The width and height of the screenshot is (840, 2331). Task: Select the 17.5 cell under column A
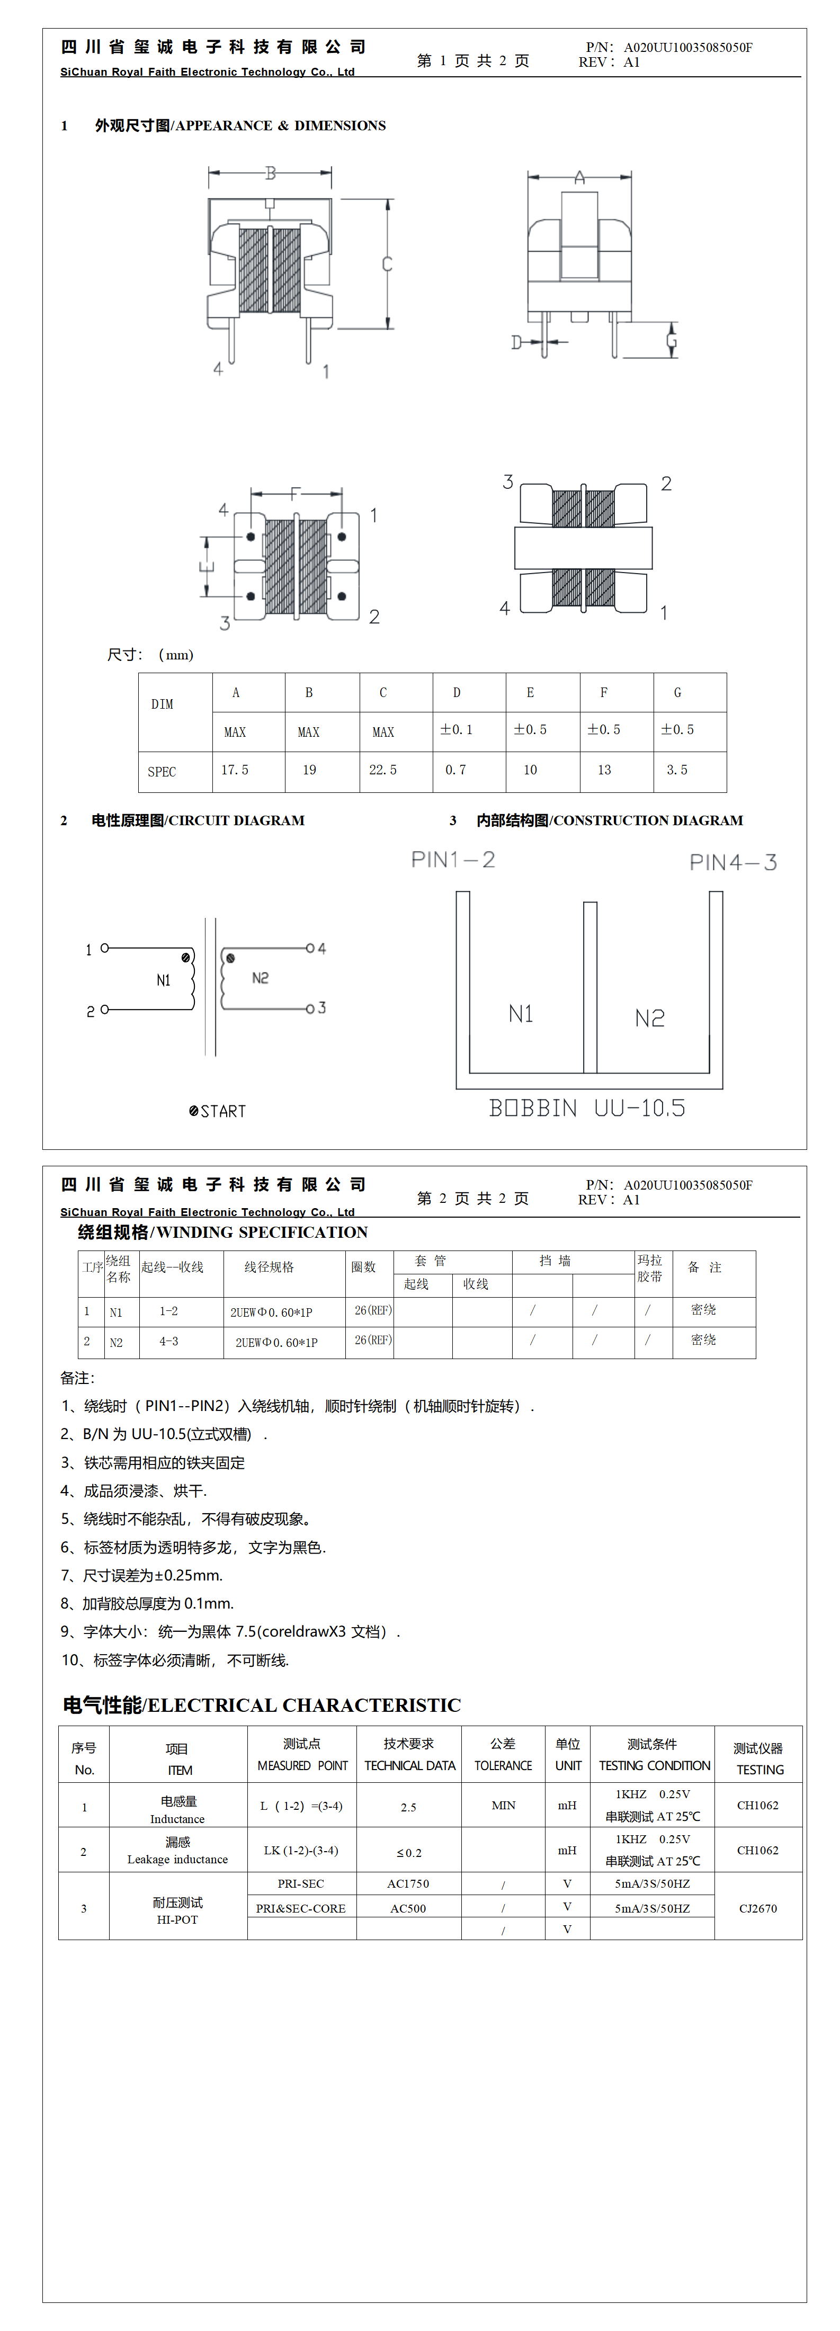click(235, 770)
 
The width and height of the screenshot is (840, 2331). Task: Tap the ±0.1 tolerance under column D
click(456, 729)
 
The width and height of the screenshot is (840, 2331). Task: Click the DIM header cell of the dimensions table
click(162, 704)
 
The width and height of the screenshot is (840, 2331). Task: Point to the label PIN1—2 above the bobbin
click(453, 860)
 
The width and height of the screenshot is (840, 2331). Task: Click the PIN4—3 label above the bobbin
click(732, 862)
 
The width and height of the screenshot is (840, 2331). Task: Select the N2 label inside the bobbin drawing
click(649, 1018)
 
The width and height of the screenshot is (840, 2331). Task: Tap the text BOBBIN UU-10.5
click(586, 1108)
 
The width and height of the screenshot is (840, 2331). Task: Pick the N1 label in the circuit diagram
click(163, 980)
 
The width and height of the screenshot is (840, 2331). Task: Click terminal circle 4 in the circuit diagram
click(309, 948)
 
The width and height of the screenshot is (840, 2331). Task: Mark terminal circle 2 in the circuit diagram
click(105, 1009)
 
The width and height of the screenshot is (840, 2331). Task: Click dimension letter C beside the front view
click(387, 264)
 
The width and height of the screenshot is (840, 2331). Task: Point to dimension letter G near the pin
click(672, 341)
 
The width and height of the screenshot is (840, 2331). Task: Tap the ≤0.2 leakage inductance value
click(408, 1852)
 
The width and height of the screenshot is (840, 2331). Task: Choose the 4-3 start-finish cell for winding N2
click(169, 1341)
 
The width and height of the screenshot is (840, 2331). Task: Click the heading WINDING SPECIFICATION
click(222, 1233)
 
